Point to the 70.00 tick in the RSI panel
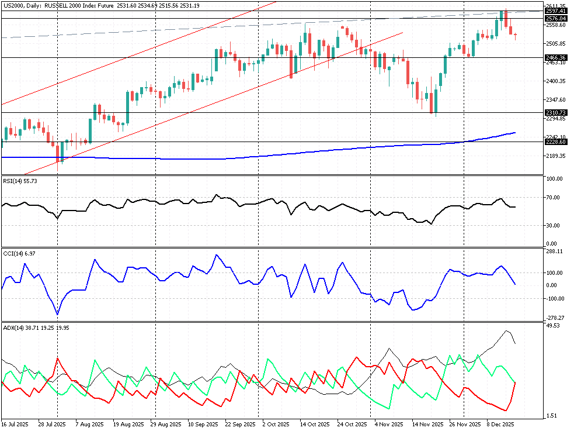click(x=554, y=197)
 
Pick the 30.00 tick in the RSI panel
click(x=554, y=225)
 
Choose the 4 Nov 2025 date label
click(x=389, y=423)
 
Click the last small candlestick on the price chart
click(x=515, y=36)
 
